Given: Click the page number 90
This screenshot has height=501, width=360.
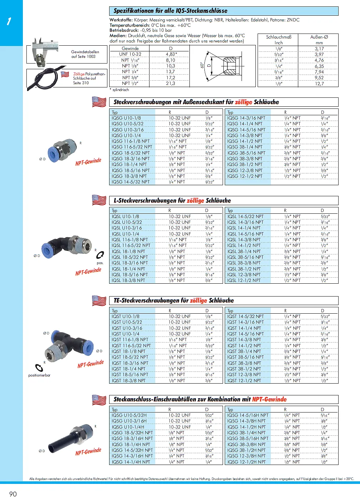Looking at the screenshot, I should [x=13, y=494].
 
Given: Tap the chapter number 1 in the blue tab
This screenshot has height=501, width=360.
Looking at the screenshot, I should [x=9, y=21].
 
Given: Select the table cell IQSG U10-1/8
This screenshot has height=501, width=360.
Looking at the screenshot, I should [x=126, y=118].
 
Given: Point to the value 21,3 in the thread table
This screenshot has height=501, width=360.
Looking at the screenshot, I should [x=171, y=83].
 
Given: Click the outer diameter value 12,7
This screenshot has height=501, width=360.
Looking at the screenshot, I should [x=319, y=84].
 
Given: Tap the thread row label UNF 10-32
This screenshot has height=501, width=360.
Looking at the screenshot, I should [x=130, y=54].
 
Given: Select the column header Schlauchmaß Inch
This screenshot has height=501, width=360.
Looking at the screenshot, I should [x=279, y=40].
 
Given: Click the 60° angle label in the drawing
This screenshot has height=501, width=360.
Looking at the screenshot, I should [x=202, y=65].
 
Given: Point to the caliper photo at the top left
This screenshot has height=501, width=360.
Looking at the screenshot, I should [x=44, y=51].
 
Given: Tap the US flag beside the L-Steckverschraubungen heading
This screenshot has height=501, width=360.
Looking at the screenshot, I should [x=99, y=200].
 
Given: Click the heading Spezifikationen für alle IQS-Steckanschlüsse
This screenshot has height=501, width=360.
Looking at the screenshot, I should [x=171, y=11].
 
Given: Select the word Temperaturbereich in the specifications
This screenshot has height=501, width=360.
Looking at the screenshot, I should [x=124, y=25].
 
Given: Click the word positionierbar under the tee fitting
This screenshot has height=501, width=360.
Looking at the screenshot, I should [x=39, y=375].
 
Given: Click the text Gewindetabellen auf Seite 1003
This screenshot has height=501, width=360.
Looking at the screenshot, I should [x=85, y=54].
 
